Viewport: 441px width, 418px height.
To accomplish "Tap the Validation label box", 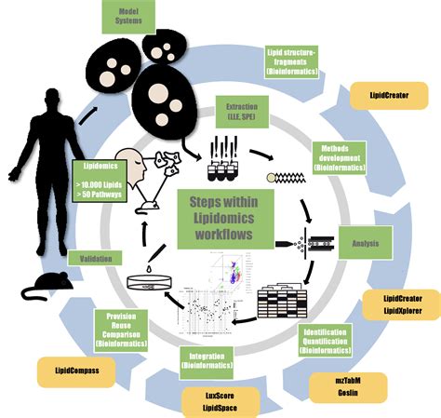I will pos(94,259).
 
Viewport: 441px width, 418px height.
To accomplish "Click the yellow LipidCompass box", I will pos(75,371).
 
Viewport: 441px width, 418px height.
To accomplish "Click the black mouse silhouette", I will pos(47,288).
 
